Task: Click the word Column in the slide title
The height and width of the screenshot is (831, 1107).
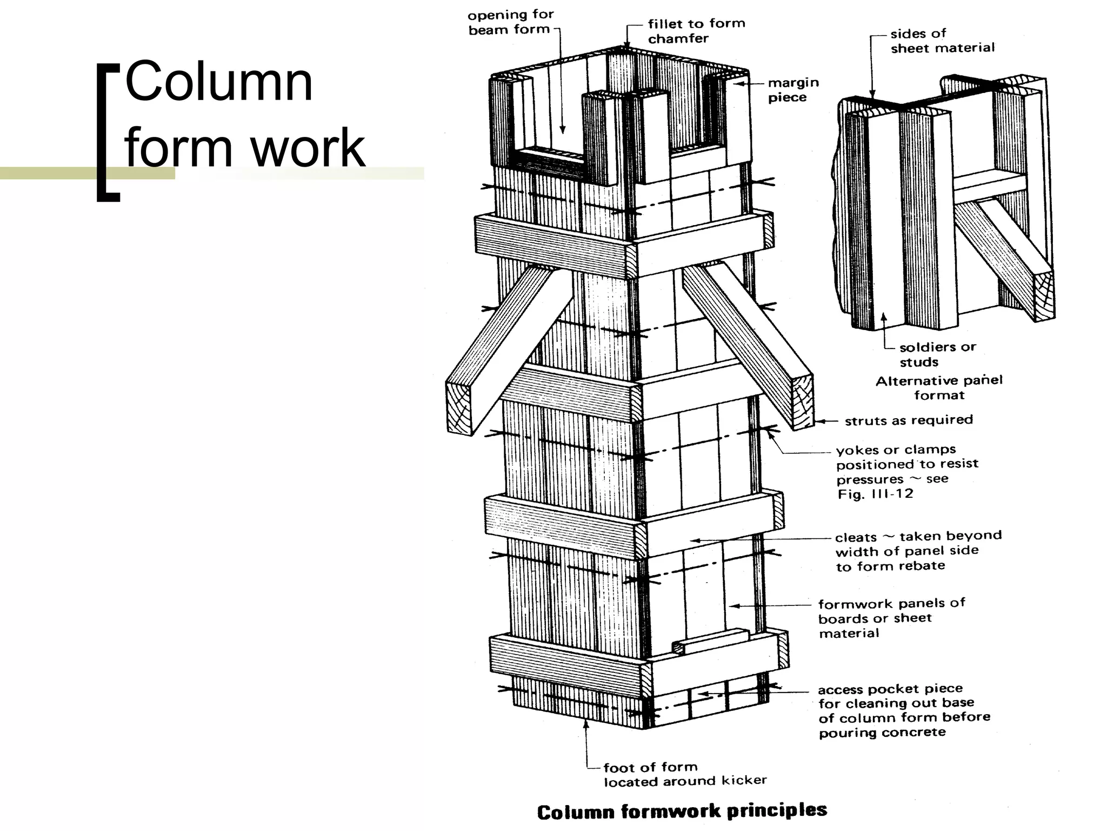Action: (218, 83)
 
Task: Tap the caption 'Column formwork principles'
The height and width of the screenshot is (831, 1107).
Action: (682, 811)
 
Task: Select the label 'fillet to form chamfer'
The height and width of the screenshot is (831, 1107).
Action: (696, 31)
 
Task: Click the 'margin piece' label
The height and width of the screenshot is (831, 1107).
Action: (793, 90)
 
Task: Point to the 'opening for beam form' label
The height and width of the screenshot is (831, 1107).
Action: (510, 23)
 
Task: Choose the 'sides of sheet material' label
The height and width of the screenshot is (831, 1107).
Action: (942, 41)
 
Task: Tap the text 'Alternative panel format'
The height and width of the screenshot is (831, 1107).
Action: (939, 387)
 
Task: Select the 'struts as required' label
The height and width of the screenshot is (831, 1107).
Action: (908, 420)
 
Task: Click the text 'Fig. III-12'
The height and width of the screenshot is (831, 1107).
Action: (875, 494)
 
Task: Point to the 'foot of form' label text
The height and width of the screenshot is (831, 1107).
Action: (650, 767)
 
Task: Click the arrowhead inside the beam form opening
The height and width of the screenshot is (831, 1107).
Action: (562, 130)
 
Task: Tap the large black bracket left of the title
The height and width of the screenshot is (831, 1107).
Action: (107, 133)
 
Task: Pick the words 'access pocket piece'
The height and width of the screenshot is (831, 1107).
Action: (890, 689)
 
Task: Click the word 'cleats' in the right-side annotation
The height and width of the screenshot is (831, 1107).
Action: (856, 537)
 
